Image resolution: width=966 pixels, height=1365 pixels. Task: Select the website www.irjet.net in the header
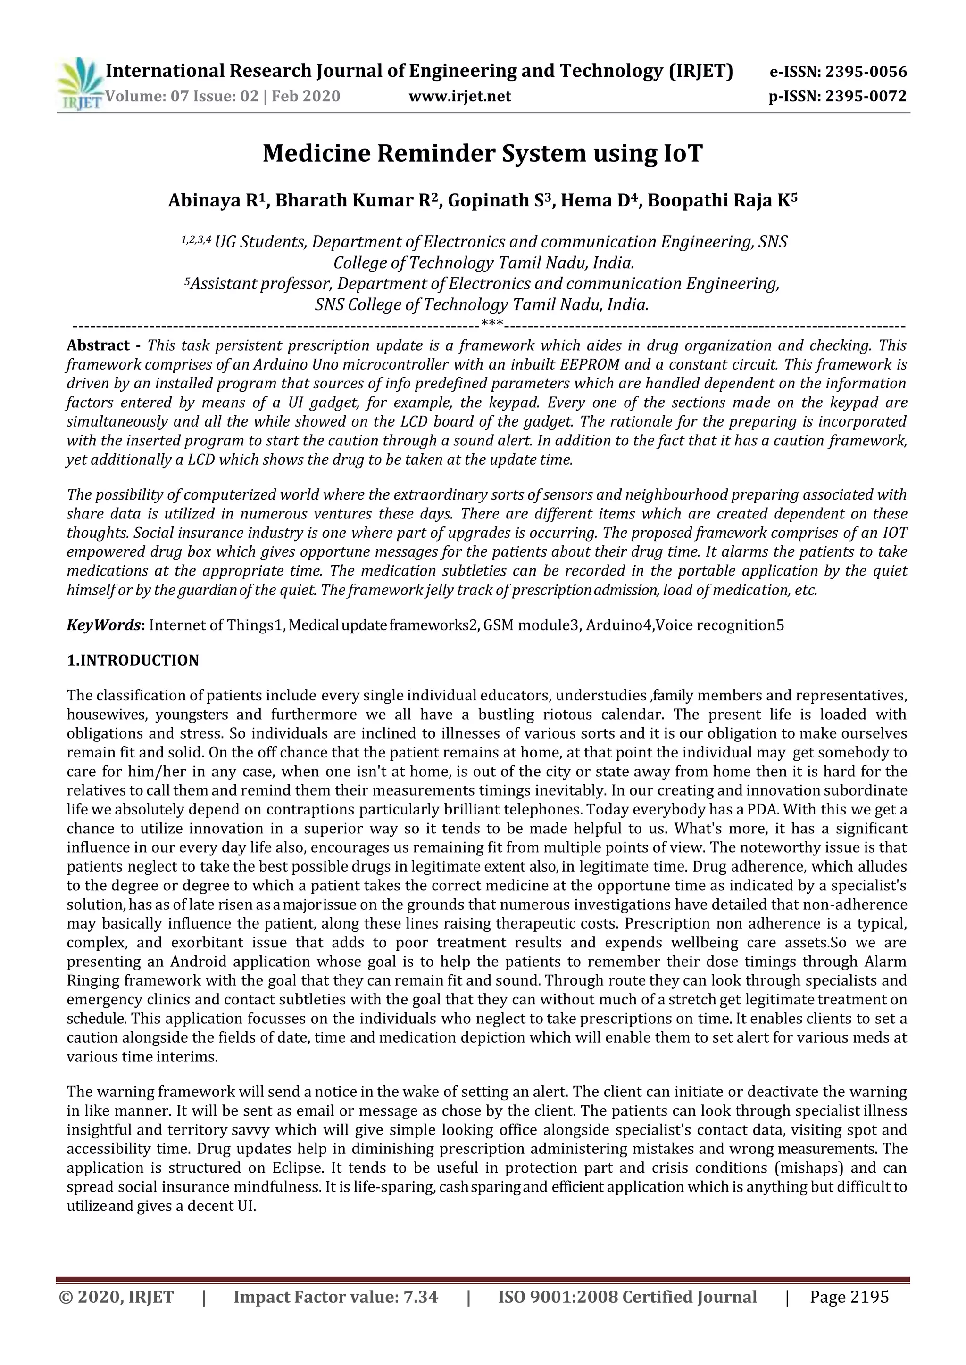[x=459, y=96]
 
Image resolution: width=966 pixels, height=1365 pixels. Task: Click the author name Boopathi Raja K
[x=722, y=200]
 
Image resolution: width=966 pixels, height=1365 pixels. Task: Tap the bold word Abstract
[x=98, y=345]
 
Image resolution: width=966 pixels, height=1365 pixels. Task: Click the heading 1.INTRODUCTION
[x=133, y=660]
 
